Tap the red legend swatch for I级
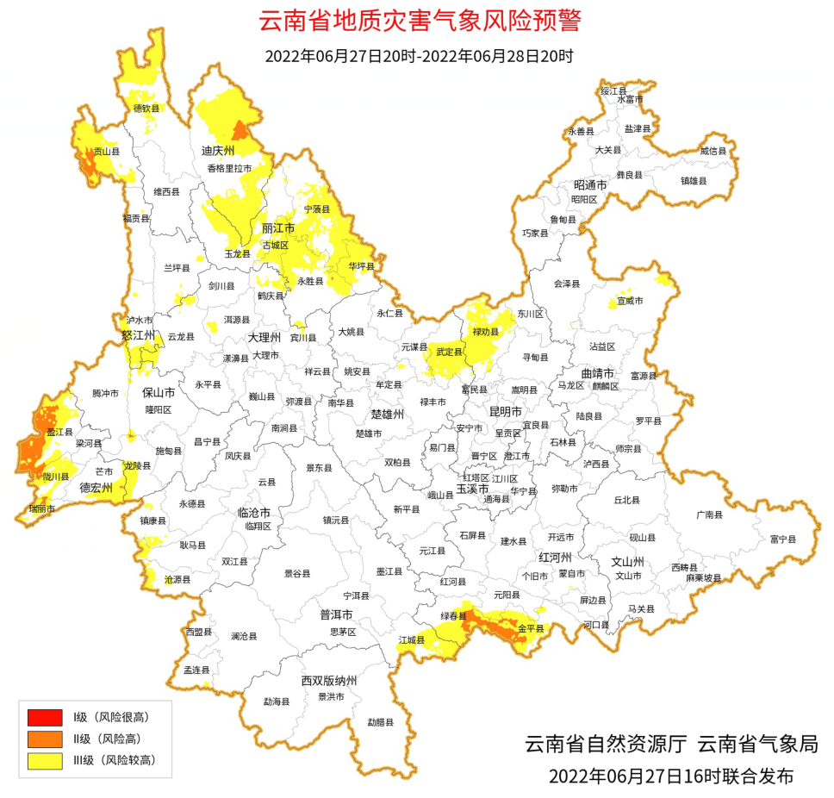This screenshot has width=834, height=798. tap(45, 717)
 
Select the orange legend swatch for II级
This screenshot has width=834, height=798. tap(45, 739)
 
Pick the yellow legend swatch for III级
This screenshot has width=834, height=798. tap(45, 760)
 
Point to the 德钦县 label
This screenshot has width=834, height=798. tap(146, 109)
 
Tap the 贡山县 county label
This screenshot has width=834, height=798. tap(107, 152)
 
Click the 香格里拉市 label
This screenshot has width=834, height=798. tap(229, 169)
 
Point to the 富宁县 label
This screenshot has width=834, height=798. tap(782, 539)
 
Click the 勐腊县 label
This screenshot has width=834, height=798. tap(380, 721)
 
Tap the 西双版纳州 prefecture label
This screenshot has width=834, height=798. tap(329, 681)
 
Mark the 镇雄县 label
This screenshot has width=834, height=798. tap(693, 181)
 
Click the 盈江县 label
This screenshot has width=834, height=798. tap(59, 433)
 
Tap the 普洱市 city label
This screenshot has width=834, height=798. tap(336, 614)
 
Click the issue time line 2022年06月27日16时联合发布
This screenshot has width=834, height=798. tap(670, 776)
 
